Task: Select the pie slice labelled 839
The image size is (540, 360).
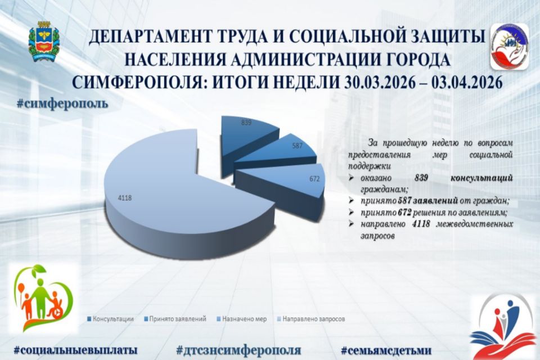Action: click(x=247, y=132)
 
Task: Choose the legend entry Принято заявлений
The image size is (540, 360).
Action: click(x=175, y=319)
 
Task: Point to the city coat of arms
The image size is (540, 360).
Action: click(x=42, y=41)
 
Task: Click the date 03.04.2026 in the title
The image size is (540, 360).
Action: click(x=467, y=83)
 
